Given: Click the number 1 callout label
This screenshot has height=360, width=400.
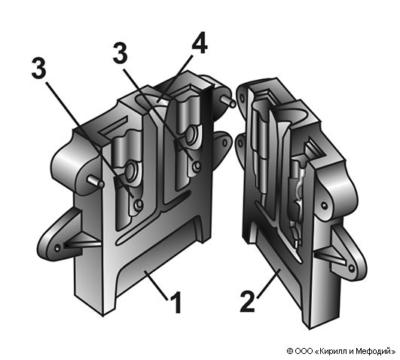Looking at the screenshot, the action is point(176,302).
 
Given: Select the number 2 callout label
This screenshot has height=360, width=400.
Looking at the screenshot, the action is point(248,302).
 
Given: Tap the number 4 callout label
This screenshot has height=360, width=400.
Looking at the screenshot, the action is point(200,43).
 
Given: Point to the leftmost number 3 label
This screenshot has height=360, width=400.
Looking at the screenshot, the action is point(39,67).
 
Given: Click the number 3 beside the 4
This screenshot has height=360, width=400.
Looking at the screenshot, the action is point(121,53).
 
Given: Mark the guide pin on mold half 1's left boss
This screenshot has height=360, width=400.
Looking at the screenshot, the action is point(96,182).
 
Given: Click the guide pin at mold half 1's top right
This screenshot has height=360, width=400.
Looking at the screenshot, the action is point(228,101).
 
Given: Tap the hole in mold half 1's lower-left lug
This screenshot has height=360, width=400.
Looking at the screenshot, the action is point(58,247).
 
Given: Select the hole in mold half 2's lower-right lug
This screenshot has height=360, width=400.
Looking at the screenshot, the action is point(352,268).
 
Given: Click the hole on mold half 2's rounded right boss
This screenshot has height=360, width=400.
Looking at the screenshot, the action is point(324,205).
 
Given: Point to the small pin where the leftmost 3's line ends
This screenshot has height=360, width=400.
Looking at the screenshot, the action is point(139,204).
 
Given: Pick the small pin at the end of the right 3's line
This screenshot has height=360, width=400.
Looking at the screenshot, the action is point(197,166).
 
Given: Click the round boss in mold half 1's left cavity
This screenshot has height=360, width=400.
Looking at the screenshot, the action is point(132,170).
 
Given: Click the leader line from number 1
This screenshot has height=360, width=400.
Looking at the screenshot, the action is point(157,285).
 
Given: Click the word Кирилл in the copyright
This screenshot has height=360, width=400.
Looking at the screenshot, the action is point(332,351).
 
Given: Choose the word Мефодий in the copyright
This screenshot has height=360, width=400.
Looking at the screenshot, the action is point(374,351).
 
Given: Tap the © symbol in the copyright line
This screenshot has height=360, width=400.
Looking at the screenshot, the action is point(290,351).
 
